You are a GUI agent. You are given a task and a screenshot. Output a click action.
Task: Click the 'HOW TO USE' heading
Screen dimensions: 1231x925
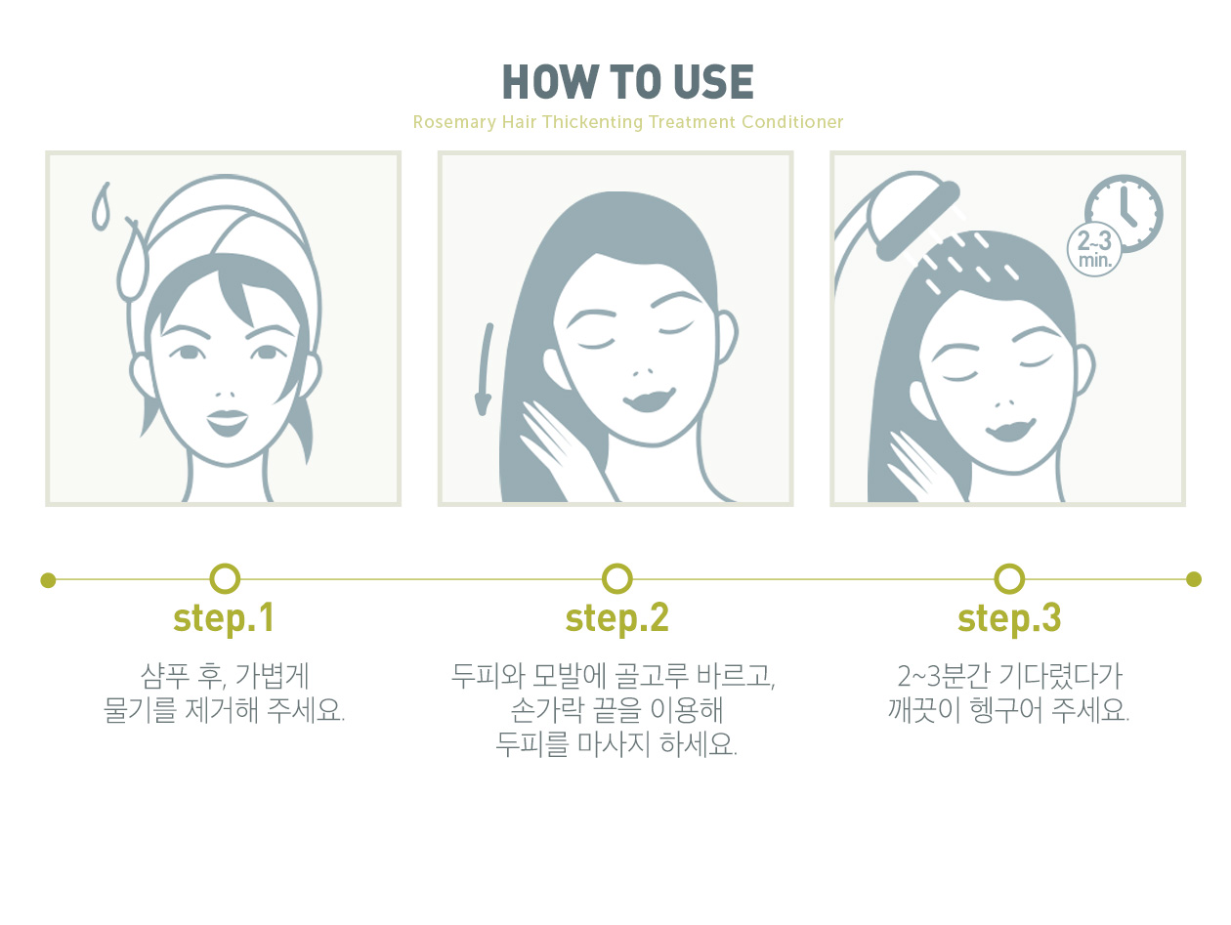[x=627, y=82]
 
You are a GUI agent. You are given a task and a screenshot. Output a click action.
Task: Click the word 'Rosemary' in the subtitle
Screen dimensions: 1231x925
[x=454, y=122]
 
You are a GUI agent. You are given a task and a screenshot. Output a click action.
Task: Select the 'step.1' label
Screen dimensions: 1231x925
[x=223, y=618]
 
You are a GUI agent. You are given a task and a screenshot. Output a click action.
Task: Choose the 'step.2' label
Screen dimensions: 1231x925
[x=616, y=618]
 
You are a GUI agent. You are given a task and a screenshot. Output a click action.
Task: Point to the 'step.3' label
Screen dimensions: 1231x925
[x=1009, y=618]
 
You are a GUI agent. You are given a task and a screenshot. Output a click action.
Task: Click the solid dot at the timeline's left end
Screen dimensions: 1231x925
[x=48, y=579]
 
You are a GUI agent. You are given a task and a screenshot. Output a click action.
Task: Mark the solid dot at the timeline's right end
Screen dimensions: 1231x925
[x=1194, y=579]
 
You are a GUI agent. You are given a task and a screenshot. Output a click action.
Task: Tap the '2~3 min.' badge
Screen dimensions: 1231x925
[x=1093, y=249]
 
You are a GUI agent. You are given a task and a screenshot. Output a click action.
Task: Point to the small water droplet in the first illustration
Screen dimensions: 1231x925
[x=101, y=206]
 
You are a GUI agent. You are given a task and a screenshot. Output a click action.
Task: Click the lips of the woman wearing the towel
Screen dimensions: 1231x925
[x=227, y=422]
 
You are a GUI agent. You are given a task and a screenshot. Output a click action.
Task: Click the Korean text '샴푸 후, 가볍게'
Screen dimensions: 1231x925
[x=225, y=676]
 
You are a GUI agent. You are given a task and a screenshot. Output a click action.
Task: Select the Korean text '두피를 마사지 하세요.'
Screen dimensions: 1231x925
[x=616, y=744]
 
